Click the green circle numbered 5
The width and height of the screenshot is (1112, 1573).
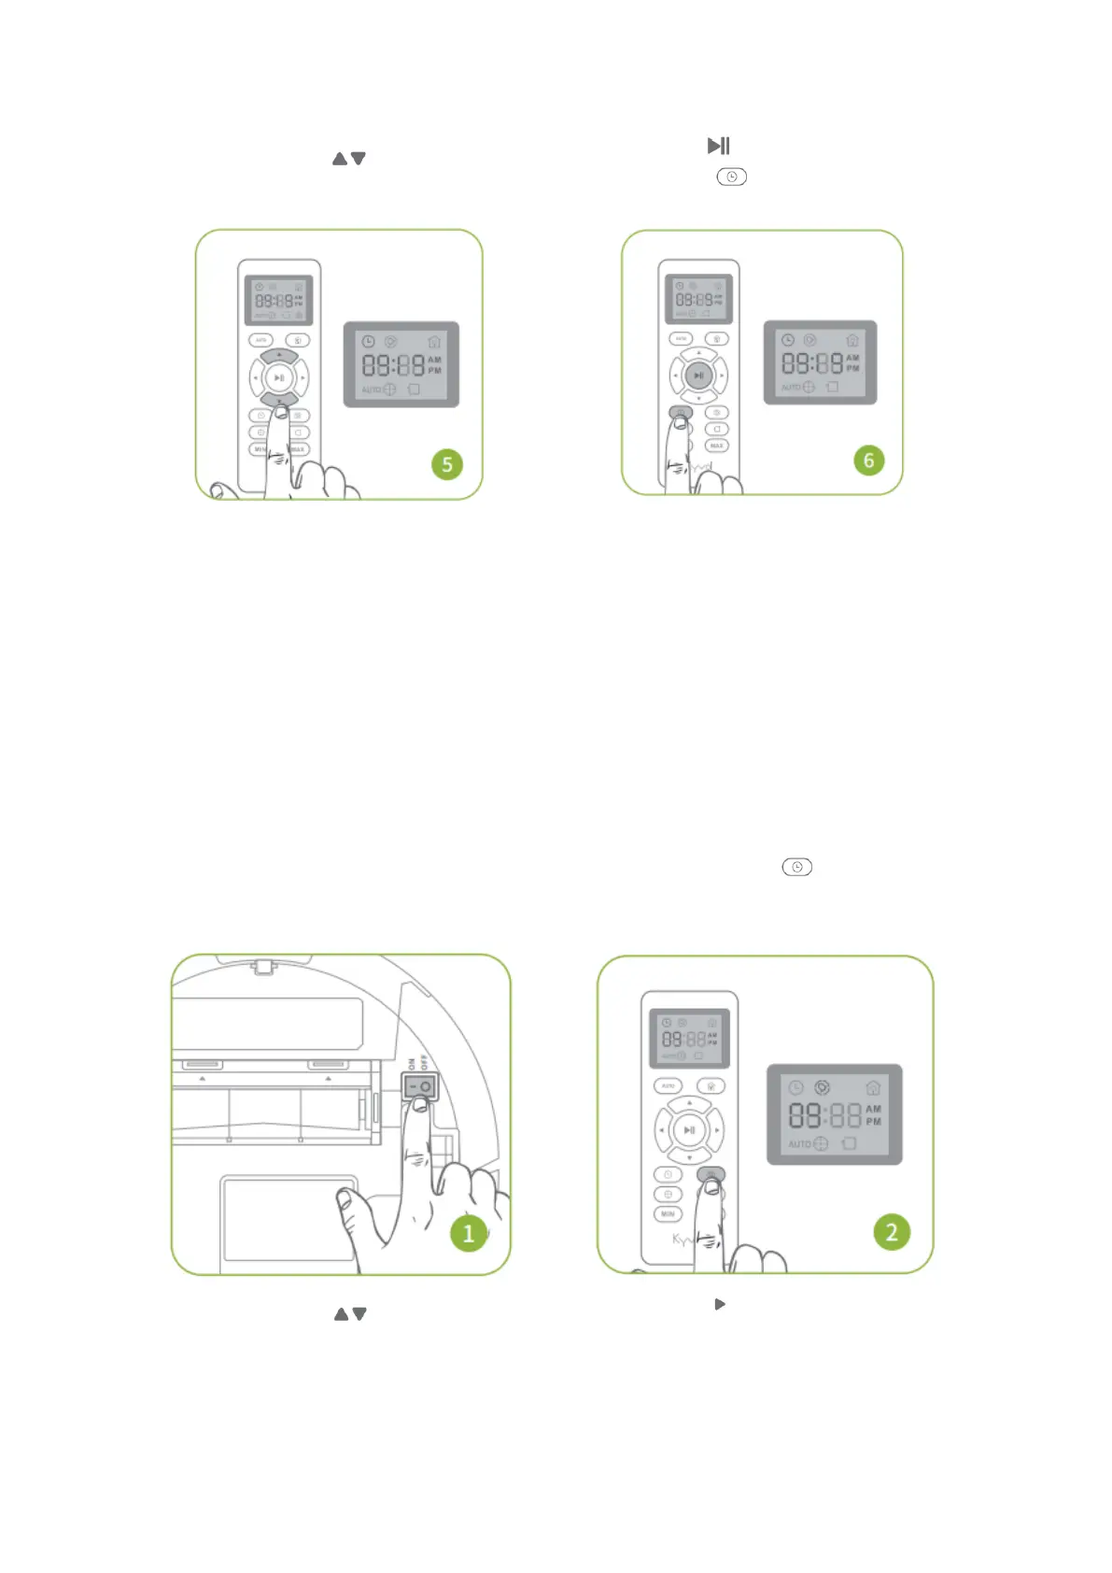point(447,464)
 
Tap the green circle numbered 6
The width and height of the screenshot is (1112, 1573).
point(868,460)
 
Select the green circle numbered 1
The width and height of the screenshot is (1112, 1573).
point(469,1234)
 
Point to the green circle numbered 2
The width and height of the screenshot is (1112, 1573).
point(892,1232)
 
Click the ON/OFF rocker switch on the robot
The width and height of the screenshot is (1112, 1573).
point(420,1087)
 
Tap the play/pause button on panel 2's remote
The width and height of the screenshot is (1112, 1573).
point(689,1130)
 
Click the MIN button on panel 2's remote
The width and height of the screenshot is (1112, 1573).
point(668,1214)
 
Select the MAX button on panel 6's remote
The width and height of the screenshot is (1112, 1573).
point(717,446)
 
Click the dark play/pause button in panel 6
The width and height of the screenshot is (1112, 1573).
point(698,376)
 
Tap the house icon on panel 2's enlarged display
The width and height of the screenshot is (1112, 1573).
point(873,1087)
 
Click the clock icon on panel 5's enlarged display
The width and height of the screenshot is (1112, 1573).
point(368,342)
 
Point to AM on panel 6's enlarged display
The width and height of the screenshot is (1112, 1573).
point(852,357)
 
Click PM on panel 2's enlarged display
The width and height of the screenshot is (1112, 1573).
point(873,1122)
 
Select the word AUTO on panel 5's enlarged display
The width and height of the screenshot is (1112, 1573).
point(371,390)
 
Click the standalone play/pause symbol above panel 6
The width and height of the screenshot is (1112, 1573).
point(718,146)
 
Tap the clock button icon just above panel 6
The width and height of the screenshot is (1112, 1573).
point(731,177)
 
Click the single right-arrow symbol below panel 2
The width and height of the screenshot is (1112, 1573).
point(720,1304)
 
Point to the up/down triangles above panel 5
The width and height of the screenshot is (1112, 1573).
point(349,159)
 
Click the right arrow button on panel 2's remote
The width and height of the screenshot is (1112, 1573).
point(716,1130)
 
